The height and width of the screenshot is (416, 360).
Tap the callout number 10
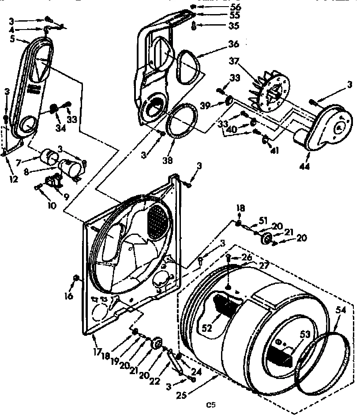tap(52, 206)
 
